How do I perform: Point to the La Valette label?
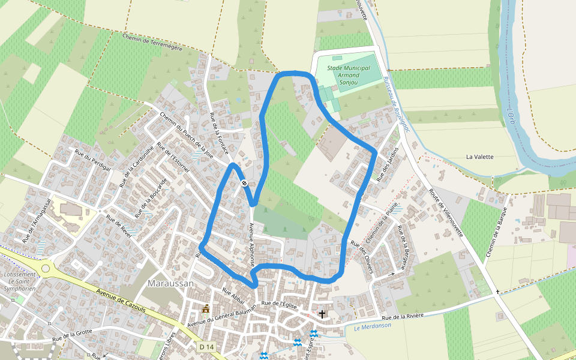tap(480, 157)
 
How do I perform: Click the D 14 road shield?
tap(206, 347)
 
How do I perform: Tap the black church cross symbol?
tap(322, 314)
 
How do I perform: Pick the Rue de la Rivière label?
tap(403, 316)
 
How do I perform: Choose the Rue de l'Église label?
tap(280, 305)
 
